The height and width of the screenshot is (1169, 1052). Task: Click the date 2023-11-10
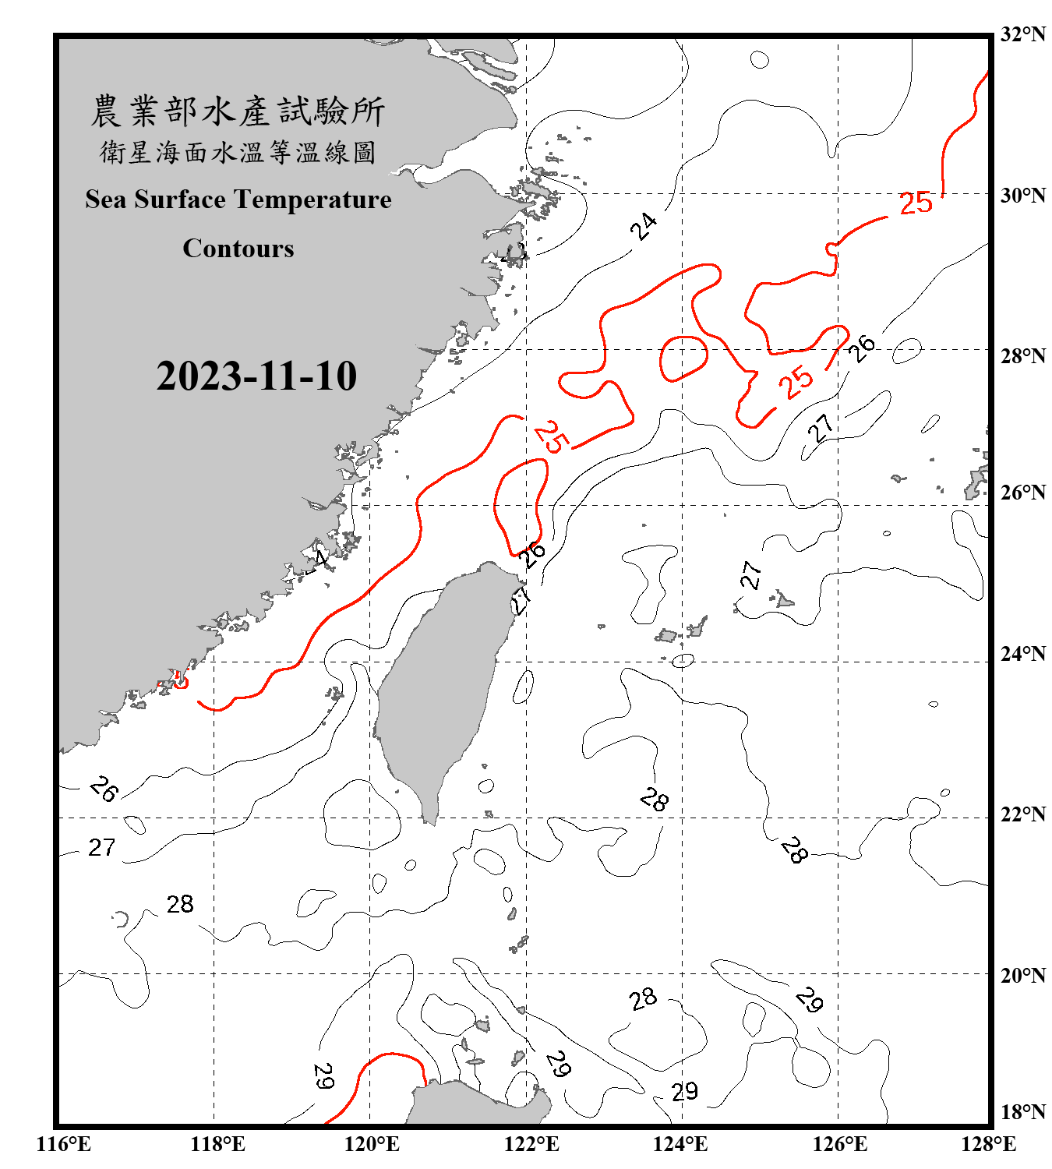[256, 376]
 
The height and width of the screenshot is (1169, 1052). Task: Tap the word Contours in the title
[238, 249]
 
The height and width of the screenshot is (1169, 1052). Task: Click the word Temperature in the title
[312, 200]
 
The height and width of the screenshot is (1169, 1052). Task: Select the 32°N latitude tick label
[1022, 34]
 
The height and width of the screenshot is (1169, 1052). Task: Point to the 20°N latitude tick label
[1022, 975]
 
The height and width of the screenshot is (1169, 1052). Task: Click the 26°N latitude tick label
[1022, 493]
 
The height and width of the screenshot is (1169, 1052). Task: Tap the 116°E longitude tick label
[64, 1144]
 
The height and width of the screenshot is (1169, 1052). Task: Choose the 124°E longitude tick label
[680, 1144]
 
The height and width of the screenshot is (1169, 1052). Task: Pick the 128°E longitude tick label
[988, 1144]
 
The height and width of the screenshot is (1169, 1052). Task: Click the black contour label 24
[644, 226]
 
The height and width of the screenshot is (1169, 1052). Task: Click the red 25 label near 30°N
[916, 203]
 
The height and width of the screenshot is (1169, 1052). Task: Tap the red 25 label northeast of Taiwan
[552, 436]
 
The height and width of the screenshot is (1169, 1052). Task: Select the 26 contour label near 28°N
[862, 348]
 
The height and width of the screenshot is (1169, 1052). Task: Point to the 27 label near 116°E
[102, 847]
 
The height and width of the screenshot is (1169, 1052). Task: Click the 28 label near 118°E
[180, 904]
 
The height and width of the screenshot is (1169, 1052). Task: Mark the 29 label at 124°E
[684, 1092]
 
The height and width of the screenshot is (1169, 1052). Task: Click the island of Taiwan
[440, 686]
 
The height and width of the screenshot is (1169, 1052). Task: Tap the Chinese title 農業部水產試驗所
[238, 111]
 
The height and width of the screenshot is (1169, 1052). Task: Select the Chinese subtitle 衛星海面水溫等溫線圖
[238, 152]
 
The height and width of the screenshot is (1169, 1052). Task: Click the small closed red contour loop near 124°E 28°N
[683, 358]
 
